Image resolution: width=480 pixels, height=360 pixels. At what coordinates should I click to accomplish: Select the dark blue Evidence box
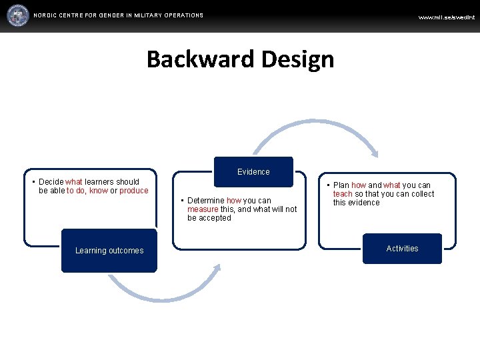253,171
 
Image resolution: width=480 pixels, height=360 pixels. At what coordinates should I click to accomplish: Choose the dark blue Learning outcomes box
109,251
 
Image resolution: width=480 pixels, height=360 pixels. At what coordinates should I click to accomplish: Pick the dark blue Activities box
403,249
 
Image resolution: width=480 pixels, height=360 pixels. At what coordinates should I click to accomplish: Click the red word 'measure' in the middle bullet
203,209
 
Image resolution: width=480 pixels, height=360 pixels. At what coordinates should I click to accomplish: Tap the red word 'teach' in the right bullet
343,194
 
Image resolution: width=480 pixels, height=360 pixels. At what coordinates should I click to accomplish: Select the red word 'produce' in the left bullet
134,191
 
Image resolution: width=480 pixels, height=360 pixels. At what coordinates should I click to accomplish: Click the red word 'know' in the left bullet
98,191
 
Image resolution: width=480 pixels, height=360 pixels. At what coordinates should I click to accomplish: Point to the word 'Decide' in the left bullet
51,182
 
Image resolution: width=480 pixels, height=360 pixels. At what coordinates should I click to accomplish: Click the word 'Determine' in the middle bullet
206,201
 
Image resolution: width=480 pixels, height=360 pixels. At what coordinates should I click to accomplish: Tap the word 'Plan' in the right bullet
341,185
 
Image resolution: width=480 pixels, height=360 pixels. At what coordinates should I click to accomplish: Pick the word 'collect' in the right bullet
421,194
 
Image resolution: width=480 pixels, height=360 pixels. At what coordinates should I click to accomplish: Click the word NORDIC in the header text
46,15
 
